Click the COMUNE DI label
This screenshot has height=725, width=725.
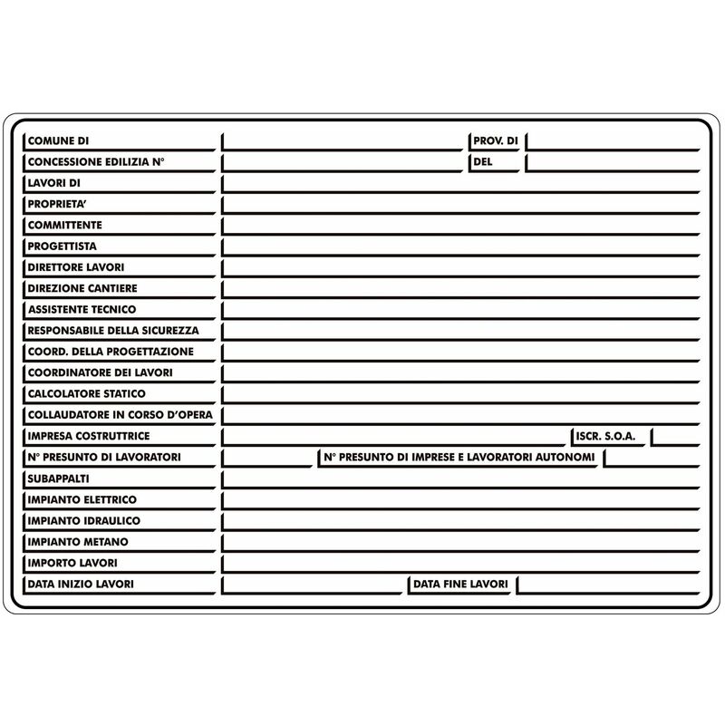coord(58,141)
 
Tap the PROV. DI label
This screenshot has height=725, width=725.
coord(495,141)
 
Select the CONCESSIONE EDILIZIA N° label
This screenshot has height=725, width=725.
coord(95,162)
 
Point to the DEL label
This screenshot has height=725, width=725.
coord(482,162)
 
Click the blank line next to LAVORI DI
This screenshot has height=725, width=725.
coord(462,183)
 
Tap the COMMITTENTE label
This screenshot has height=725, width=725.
coord(64,225)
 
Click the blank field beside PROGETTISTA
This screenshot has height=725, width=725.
coord(462,246)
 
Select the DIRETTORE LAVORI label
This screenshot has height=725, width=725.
coord(75,267)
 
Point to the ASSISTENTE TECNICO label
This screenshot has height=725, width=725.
coord(82,309)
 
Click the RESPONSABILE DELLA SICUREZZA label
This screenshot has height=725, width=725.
coord(112,331)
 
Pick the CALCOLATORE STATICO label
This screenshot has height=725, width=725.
coord(86,394)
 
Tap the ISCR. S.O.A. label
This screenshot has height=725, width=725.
coord(605,437)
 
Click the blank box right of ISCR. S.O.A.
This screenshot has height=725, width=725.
coord(676,436)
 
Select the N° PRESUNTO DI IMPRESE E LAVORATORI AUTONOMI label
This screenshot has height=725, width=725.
coord(459,458)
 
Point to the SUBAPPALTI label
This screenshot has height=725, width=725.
coord(58,478)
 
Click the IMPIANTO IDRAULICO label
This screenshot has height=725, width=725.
coord(83,521)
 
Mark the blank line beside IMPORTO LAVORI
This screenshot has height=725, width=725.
coord(462,563)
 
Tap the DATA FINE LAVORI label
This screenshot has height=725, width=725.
coord(460,585)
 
